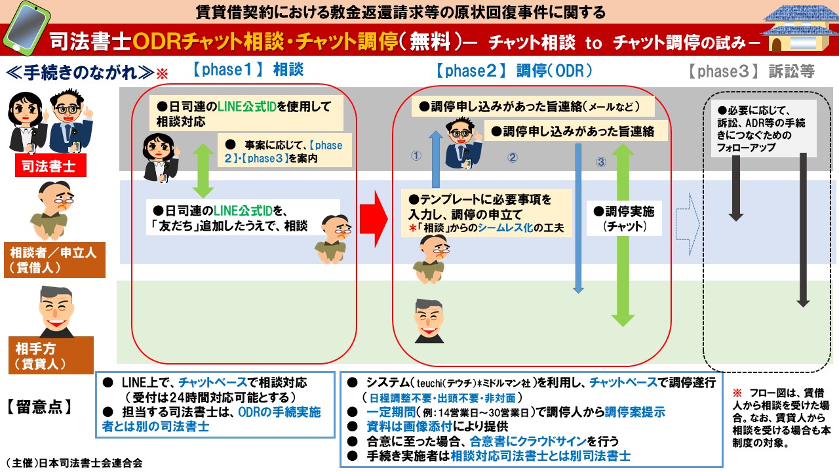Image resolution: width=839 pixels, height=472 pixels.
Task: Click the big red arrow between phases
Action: [x=374, y=219]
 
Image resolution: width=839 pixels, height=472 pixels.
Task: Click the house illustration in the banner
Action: [x=800, y=29]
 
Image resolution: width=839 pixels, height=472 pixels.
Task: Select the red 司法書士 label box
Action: [x=50, y=166]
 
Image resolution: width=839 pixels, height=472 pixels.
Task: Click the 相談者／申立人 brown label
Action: [x=54, y=260]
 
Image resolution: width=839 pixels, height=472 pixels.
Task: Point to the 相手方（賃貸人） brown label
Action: [x=51, y=355]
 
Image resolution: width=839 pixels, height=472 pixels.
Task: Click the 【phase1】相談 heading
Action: [x=248, y=70]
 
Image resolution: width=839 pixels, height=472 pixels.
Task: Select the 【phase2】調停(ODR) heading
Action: [x=514, y=71]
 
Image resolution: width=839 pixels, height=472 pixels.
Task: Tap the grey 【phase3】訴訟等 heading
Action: [x=751, y=71]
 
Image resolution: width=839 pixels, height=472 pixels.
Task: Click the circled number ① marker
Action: [x=416, y=155]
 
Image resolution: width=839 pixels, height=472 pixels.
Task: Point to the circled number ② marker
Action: [x=513, y=157]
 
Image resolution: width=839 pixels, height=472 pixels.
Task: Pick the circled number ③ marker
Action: [x=601, y=162]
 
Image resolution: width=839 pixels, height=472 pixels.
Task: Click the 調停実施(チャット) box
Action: [x=624, y=218]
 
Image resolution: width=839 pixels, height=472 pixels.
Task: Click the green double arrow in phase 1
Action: [x=203, y=170]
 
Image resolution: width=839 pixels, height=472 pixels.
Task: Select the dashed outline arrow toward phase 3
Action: [x=688, y=224]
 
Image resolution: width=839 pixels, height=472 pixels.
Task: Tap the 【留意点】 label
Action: [x=39, y=407]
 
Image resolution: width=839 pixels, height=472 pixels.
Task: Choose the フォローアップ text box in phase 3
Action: [x=764, y=129]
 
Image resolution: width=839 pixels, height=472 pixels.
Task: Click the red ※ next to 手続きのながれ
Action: [x=162, y=73]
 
